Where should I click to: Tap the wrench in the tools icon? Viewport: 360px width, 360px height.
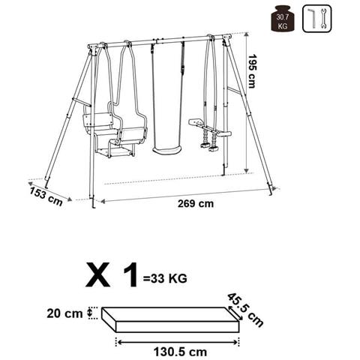[323, 19]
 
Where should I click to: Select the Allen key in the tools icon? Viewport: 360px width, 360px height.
[312, 19]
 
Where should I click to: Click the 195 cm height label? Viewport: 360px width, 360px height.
[251, 71]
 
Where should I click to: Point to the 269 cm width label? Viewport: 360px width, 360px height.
[196, 204]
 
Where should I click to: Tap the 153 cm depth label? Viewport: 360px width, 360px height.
[46, 196]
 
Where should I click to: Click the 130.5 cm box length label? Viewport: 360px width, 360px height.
[180, 352]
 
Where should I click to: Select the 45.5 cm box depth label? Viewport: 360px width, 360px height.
[245, 310]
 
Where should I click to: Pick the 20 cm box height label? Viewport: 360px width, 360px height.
[64, 313]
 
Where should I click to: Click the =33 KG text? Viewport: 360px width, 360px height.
[165, 278]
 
